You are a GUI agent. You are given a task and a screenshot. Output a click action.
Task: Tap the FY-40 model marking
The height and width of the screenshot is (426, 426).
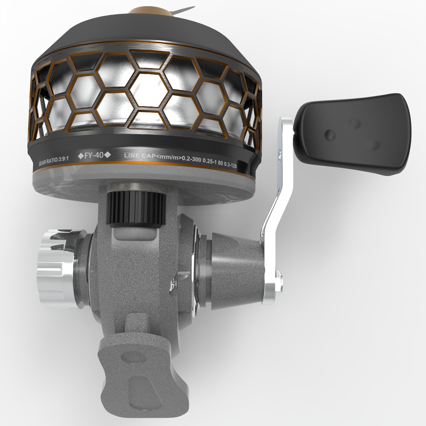coord(94,155)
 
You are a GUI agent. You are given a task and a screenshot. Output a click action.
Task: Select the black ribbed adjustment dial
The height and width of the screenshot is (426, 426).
coord(136,209)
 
